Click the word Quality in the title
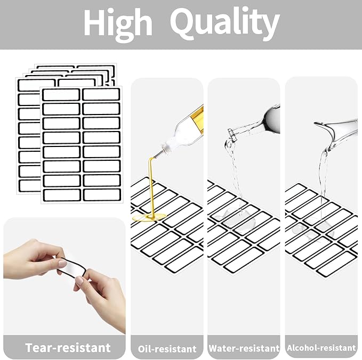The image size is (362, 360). [225, 23]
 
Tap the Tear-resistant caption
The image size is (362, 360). [68, 348]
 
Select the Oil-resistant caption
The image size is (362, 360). [167, 349]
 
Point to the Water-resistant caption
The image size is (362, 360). [244, 348]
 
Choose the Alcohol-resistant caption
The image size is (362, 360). [321, 348]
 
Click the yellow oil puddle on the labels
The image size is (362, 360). [149, 217]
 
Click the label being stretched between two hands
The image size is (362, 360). [72, 267]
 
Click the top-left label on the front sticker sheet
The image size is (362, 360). [61, 95]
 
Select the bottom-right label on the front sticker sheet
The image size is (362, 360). [102, 195]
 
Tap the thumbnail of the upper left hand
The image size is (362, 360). [61, 263]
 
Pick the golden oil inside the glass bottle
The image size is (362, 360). [198, 120]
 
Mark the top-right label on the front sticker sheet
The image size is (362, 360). [101, 94]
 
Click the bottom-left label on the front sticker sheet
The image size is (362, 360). [62, 195]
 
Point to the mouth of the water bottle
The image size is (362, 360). [231, 134]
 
